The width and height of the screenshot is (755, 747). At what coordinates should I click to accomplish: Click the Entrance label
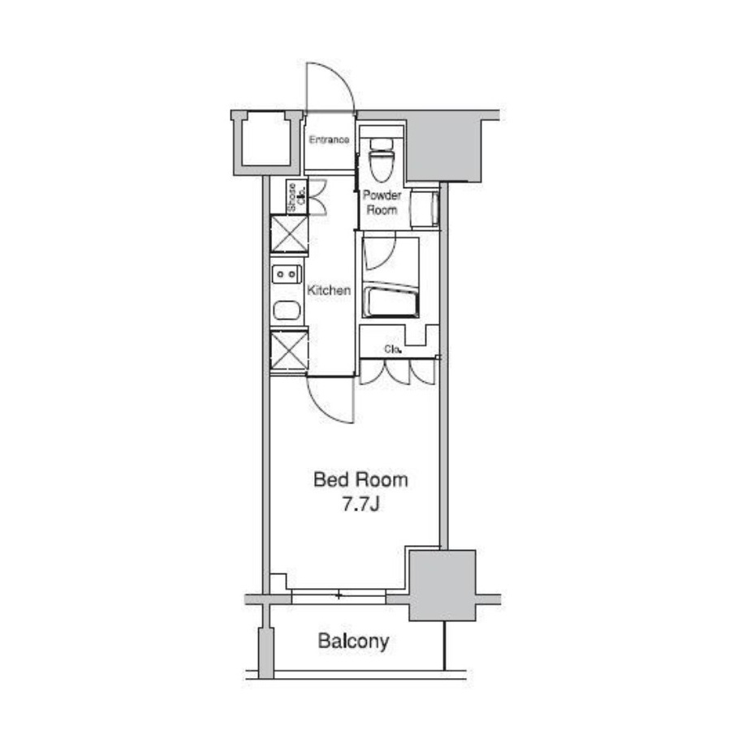[x=329, y=140]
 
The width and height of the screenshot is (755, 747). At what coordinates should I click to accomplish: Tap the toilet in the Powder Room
[x=382, y=159]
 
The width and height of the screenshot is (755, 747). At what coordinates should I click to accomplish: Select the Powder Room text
[x=382, y=203]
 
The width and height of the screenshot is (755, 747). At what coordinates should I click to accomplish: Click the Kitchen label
[x=329, y=290]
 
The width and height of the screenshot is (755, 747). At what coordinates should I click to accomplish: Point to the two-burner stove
[x=287, y=274]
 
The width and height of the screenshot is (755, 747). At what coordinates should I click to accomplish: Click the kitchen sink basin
[x=287, y=311]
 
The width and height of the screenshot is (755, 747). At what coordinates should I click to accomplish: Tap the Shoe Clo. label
[x=296, y=197]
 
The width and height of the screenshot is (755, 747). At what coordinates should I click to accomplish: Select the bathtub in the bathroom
[x=390, y=302]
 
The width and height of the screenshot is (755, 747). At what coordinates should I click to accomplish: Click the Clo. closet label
[x=393, y=350]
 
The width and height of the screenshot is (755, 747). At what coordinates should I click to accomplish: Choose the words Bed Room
[x=360, y=479]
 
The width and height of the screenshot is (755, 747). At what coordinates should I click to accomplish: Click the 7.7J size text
[x=361, y=504]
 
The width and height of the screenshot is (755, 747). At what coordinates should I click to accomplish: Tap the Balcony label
[x=353, y=642]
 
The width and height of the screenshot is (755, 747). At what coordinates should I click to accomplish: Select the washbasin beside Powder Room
[x=425, y=208]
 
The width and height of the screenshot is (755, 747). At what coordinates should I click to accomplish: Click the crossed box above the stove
[x=289, y=234]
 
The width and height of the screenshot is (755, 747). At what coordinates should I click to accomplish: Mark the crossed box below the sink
[x=289, y=350]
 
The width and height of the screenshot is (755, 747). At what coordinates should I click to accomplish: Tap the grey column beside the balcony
[x=442, y=586]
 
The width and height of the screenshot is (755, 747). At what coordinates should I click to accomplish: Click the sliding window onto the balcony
[x=339, y=596]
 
